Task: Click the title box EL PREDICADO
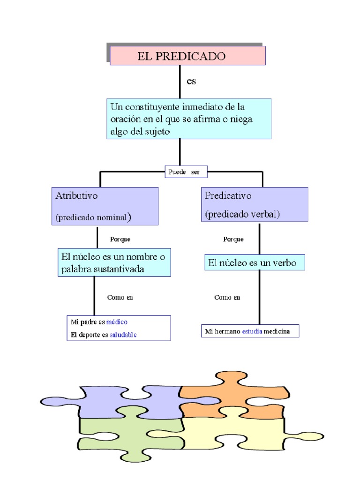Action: [187, 56]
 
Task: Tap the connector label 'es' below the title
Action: [191, 82]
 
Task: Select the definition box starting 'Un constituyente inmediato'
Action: [188, 119]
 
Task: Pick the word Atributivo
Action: [77, 196]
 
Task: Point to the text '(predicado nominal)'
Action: [93, 217]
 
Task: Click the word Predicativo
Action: [228, 195]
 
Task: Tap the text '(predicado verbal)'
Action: [242, 214]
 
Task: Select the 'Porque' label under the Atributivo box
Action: [120, 239]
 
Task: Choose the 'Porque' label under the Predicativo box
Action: [233, 239]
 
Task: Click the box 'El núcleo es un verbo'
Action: [255, 263]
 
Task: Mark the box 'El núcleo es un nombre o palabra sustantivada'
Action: [114, 262]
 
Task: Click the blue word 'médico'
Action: [117, 322]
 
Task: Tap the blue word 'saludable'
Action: [123, 335]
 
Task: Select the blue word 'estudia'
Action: [252, 331]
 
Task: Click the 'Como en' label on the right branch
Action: [227, 297]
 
